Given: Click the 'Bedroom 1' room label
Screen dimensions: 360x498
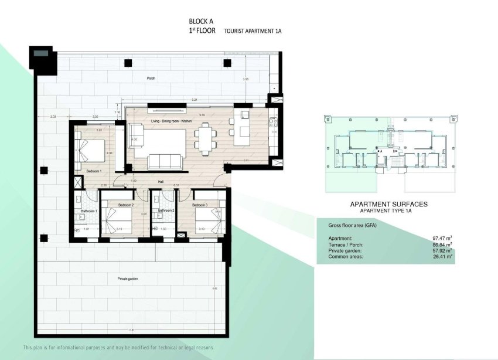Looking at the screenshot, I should tap(94, 171).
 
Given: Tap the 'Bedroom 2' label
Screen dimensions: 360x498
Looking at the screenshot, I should tap(126, 205).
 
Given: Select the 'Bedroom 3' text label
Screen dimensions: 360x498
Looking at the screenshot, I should tap(200, 205).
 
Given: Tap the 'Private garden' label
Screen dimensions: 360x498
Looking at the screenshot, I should tap(127, 279).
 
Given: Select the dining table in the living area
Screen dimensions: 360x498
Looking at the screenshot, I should tap(205, 138).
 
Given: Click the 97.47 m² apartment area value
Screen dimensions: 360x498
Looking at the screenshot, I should tap(442, 239).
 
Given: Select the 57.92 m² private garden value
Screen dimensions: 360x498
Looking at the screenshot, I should tap(442, 250).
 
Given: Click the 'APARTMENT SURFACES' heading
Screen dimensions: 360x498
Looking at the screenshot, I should tap(388, 204).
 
